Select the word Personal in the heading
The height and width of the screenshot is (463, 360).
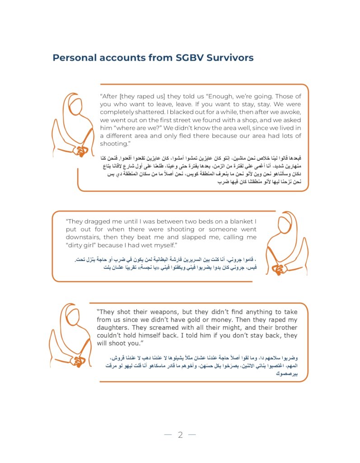(74, 58)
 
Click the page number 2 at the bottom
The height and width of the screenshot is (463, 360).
(180, 435)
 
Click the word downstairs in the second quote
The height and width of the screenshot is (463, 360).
(83, 237)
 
